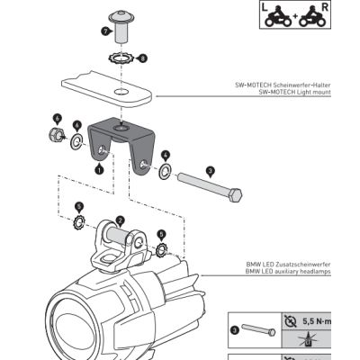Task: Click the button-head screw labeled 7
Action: pyautogui.click(x=121, y=27)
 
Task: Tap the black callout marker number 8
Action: pyautogui.click(x=142, y=58)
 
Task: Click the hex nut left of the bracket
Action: pyautogui.click(x=55, y=134)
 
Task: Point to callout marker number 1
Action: pyautogui.click(x=99, y=168)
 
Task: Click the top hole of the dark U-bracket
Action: pyautogui.click(x=121, y=129)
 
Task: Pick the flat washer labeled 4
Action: pyautogui.click(x=165, y=172)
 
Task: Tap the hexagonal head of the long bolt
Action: pyautogui.click(x=236, y=195)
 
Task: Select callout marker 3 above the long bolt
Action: pyautogui.click(x=211, y=172)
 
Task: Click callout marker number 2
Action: pyautogui.click(x=120, y=221)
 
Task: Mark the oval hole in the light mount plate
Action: pyautogui.click(x=121, y=91)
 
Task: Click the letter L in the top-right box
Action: pyautogui.click(x=265, y=7)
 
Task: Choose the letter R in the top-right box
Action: pyautogui.click(x=325, y=7)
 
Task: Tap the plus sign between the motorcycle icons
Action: pyautogui.click(x=295, y=16)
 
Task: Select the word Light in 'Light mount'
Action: pyautogui.click(x=305, y=93)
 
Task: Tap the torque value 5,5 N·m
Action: pyautogui.click(x=317, y=321)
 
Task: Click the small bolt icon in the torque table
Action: pyautogui.click(x=258, y=330)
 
